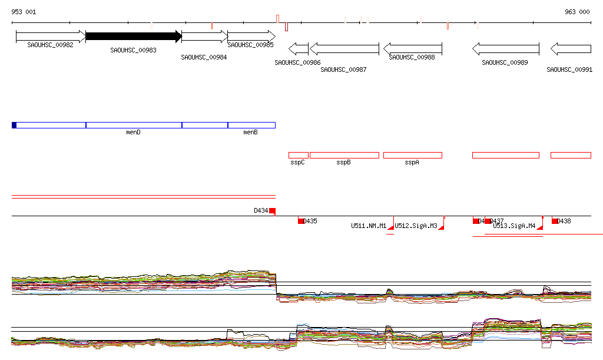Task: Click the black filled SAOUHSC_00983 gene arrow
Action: click(133, 37)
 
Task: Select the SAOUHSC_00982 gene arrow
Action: click(51, 37)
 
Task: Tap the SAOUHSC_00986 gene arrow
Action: click(298, 48)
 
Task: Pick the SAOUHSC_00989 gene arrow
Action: click(506, 48)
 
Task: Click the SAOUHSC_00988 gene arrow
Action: click(412, 48)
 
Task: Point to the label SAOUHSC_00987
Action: click(343, 70)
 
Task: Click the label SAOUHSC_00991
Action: click(569, 70)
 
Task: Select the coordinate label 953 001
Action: click(24, 12)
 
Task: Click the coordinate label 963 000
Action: click(577, 12)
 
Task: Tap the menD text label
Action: click(134, 133)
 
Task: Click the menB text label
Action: click(250, 133)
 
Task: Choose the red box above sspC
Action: click(298, 155)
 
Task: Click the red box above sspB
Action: click(344, 155)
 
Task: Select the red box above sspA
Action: click(412, 155)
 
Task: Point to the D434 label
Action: click(261, 210)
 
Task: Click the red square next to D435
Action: click(301, 221)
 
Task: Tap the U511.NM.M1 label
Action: click(369, 226)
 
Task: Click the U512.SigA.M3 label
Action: click(416, 226)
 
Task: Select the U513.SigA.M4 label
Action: click(514, 226)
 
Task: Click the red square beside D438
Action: click(555, 221)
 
